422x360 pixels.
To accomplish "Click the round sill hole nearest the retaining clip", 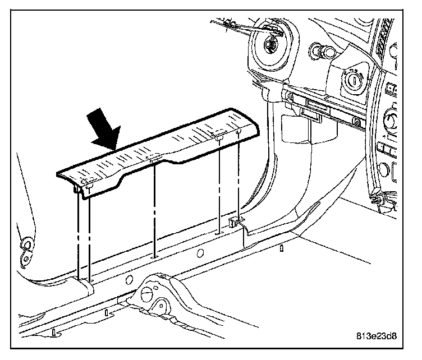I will pos(200,252).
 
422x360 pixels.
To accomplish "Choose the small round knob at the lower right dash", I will pos(385,167).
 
